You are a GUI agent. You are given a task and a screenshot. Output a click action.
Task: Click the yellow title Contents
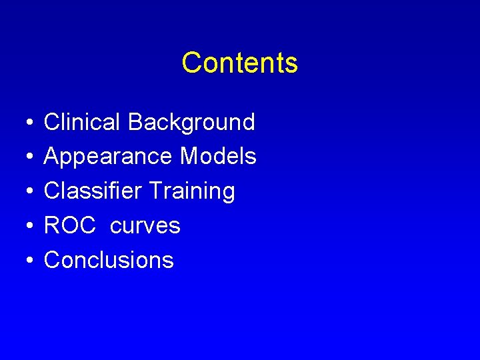click(x=239, y=63)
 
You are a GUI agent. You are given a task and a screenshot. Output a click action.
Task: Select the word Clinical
click(x=82, y=122)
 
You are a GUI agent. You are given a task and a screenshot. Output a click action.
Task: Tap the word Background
click(x=191, y=122)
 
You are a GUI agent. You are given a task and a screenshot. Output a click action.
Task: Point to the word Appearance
click(x=108, y=157)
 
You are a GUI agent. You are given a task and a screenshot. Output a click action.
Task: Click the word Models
click(x=218, y=157)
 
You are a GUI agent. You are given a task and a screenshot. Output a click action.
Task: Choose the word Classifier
click(x=93, y=191)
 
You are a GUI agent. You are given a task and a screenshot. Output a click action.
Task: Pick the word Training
click(x=192, y=192)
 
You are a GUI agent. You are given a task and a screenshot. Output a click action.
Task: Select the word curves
click(x=145, y=227)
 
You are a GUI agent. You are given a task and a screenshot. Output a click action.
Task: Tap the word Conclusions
click(x=109, y=260)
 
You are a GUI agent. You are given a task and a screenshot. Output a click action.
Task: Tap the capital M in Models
click(x=189, y=157)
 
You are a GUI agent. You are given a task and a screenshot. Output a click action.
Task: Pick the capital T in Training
click(x=155, y=191)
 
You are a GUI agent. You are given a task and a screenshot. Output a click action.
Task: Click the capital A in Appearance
click(x=52, y=157)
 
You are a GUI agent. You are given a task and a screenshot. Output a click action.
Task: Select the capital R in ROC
click(x=52, y=226)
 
